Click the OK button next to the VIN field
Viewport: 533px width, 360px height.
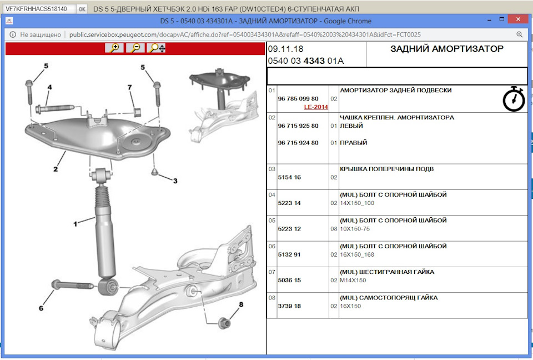coord(82,9)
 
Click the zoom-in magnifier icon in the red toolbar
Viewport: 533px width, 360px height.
coord(114,48)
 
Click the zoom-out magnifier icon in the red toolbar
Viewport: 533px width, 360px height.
coord(135,48)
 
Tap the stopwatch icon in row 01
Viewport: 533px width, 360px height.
coord(514,99)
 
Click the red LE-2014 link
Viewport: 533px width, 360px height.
coord(316,107)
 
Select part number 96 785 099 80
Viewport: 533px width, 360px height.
coord(298,98)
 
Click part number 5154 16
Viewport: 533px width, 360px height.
coord(289,177)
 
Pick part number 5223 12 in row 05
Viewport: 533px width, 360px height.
coord(289,229)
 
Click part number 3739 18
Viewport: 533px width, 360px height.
coord(289,306)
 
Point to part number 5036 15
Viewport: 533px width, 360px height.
coord(289,281)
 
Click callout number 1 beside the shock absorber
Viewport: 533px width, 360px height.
coord(76,224)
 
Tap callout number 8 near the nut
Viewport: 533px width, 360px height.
coord(241,304)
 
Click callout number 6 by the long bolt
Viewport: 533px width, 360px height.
coord(41,308)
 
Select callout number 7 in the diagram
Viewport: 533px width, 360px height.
coord(130,88)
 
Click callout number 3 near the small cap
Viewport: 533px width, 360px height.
coord(175,181)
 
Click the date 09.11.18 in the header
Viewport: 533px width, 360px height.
coord(285,49)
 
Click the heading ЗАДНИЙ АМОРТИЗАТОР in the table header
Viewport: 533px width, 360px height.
coord(447,49)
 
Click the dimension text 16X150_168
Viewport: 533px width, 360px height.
coord(358,255)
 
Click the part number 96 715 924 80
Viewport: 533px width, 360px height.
coord(298,143)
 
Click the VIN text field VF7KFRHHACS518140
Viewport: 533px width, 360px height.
coord(37,9)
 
